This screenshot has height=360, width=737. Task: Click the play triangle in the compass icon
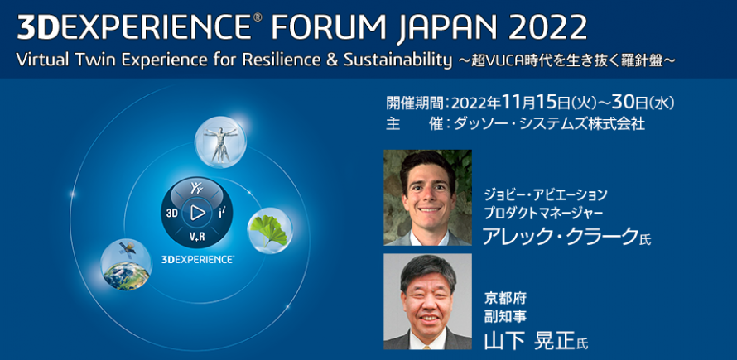pyautogui.click(x=197, y=213)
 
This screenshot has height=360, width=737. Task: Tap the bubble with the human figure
pyautogui.click(x=219, y=141)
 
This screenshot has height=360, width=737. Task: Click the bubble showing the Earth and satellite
pyautogui.click(x=126, y=264)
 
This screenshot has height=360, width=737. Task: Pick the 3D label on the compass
pyautogui.click(x=172, y=213)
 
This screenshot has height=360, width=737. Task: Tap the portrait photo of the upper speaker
pyautogui.click(x=427, y=197)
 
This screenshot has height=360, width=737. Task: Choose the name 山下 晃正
pyautogui.click(x=530, y=340)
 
